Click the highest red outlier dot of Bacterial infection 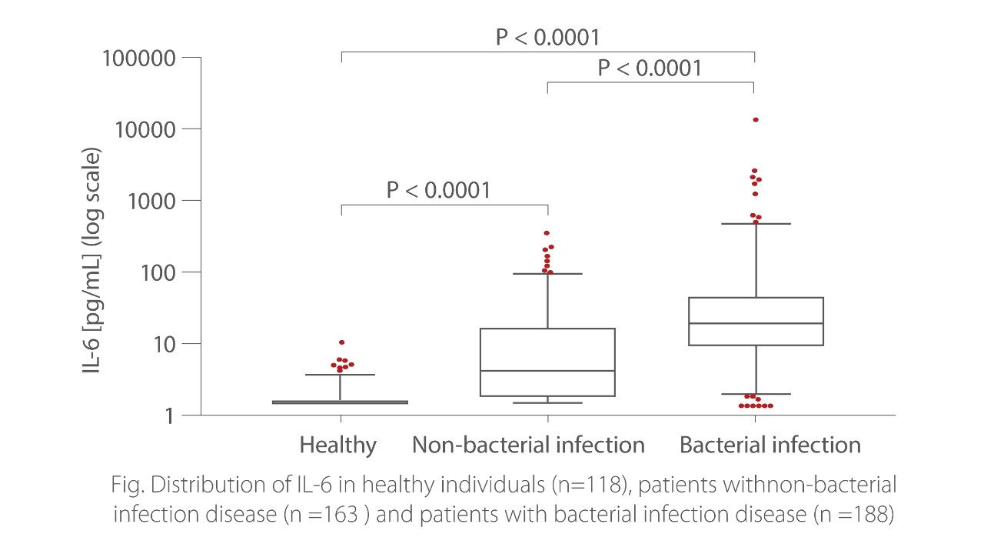click(756, 119)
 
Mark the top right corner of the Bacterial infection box click(823, 298)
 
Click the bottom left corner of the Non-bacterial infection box click(480, 396)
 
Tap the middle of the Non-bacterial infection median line click(547, 371)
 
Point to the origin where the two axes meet click(201, 415)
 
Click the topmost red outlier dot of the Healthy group click(342, 342)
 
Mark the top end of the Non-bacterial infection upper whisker click(548, 274)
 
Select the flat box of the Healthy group click(340, 402)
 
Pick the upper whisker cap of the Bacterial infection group click(756, 224)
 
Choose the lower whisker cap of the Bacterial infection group click(756, 394)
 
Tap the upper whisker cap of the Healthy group click(340, 375)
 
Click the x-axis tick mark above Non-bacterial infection click(548, 419)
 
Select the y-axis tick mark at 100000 click(191, 57)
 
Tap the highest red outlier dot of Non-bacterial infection click(547, 233)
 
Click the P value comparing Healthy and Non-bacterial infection click(438, 190)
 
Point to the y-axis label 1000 click(151, 202)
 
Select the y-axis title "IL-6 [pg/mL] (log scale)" click(91, 260)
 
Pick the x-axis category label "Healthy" click(337, 446)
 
